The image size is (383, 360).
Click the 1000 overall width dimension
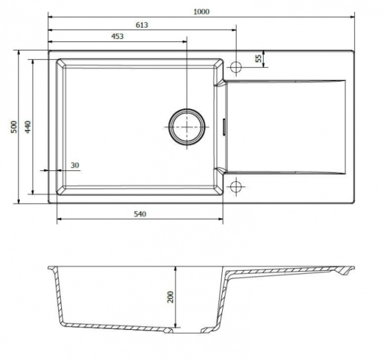201,11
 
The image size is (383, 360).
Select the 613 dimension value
142,25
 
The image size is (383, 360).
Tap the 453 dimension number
117,36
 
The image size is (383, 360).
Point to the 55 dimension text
259,59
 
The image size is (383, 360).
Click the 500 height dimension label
14,127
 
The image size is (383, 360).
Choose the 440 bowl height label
28,127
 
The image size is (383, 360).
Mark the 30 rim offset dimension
75,165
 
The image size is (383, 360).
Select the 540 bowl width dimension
140,214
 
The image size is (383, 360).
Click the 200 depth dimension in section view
170,297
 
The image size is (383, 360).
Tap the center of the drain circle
187,127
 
